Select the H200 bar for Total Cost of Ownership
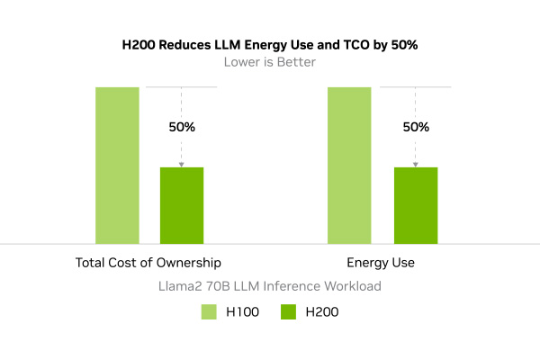pos(182,205)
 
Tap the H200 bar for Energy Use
pos(416,205)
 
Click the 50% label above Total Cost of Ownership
pos(182,127)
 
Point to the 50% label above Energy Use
pos(416,127)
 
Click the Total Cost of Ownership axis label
pos(148,263)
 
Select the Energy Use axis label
pos(381,263)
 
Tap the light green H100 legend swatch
pos(209,312)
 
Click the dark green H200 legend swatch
pos(289,312)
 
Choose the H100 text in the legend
pos(242,312)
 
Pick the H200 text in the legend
pos(322,312)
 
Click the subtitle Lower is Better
pos(269,63)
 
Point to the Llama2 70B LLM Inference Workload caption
pos(269,286)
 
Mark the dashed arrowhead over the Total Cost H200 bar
pos(182,164)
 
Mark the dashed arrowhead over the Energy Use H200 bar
pos(416,164)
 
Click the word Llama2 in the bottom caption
pos(182,286)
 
